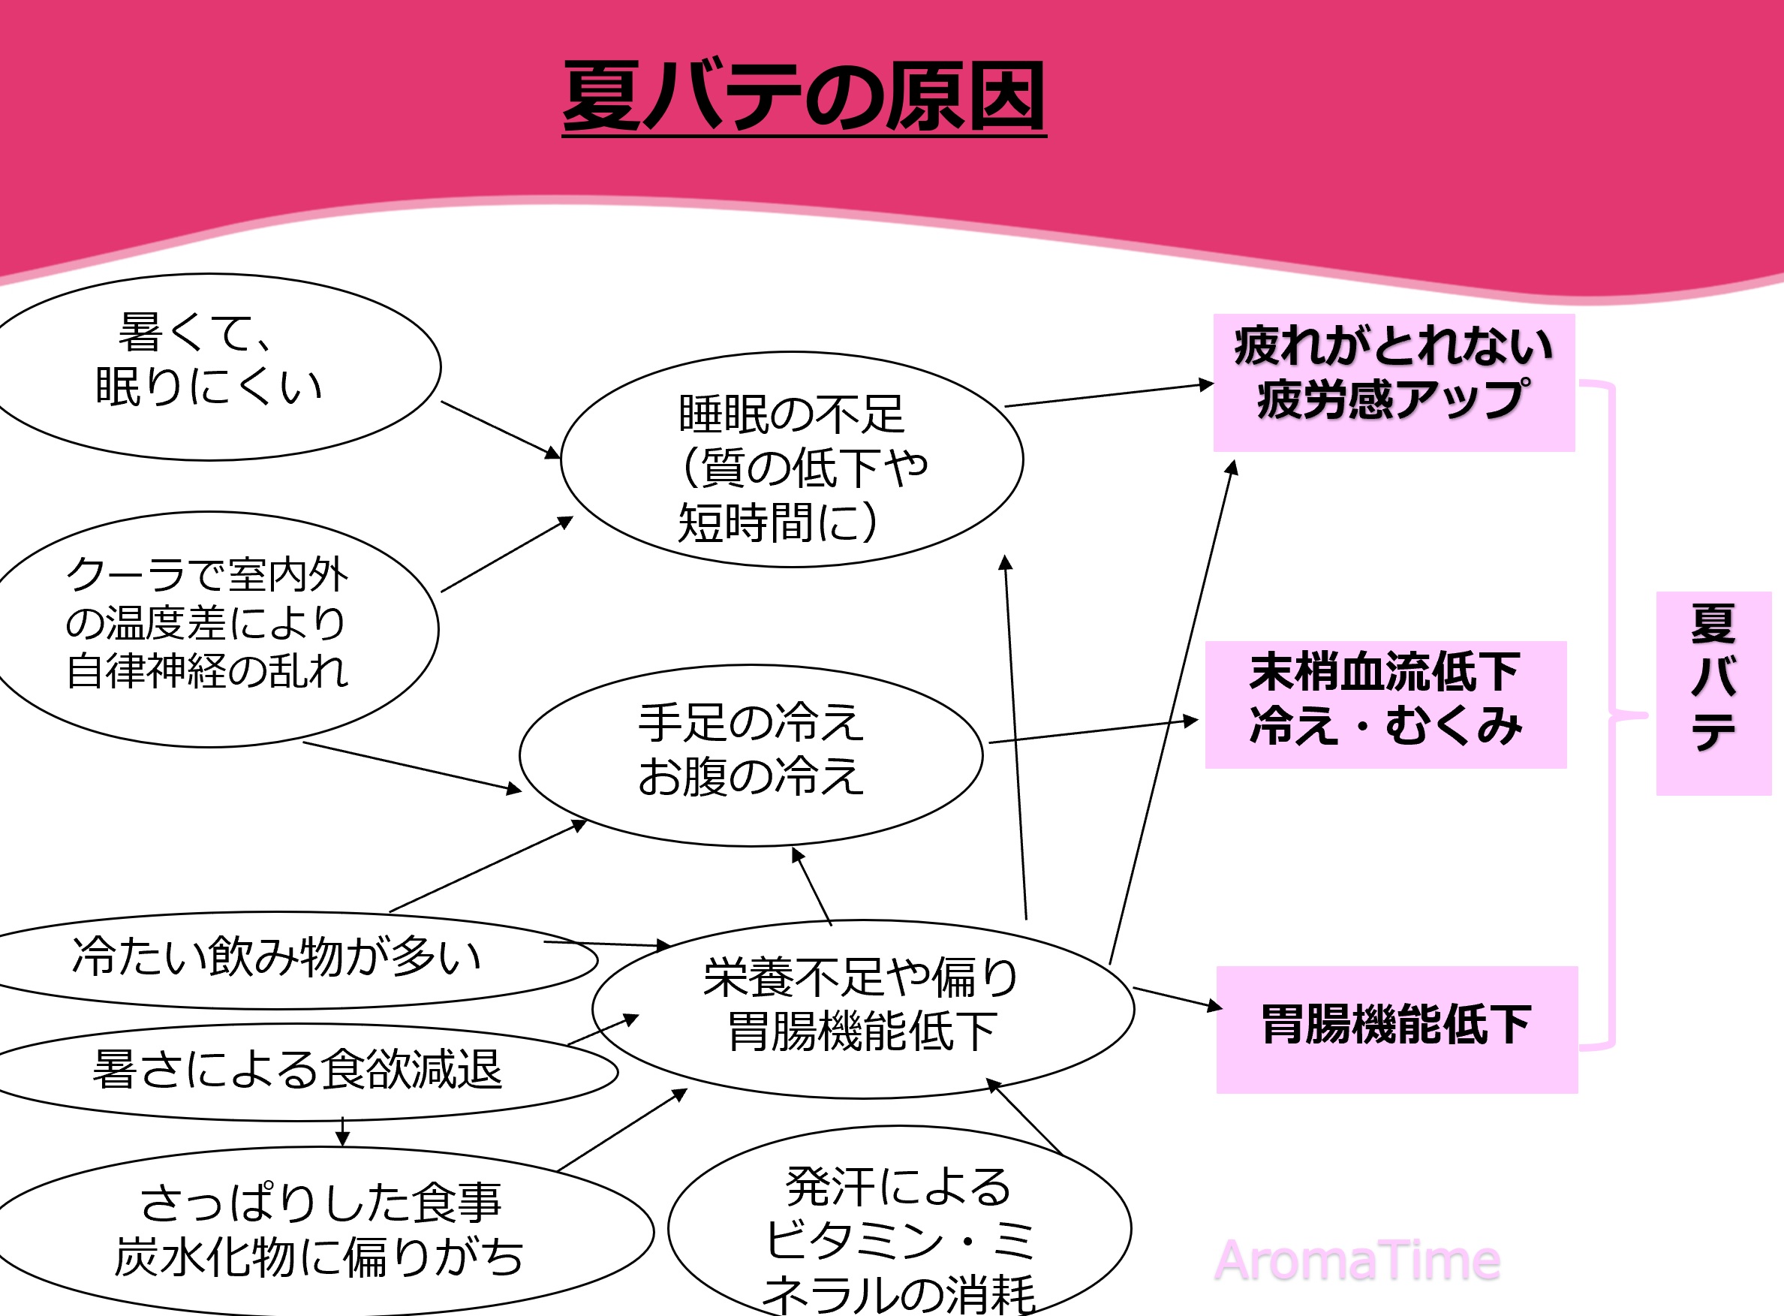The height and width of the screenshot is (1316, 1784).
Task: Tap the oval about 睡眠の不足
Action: pos(792,459)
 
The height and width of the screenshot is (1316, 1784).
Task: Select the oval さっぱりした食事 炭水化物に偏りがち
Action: pos(318,1230)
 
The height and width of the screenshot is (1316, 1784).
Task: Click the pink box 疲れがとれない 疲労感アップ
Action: pos(1393,381)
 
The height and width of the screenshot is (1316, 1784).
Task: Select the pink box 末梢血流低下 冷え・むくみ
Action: pos(1385,703)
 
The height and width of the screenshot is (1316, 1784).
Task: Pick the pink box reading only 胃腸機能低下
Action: pos(1396,1028)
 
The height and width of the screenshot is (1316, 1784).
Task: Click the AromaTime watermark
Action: pos(1356,1260)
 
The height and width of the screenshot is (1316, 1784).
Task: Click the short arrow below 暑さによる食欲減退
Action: pos(342,1132)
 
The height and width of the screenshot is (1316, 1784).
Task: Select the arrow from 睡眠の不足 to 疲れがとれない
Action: pos(1109,394)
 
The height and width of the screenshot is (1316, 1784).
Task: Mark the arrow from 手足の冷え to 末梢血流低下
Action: pos(1093,731)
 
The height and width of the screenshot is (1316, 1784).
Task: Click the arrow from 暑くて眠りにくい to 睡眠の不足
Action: pos(500,429)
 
